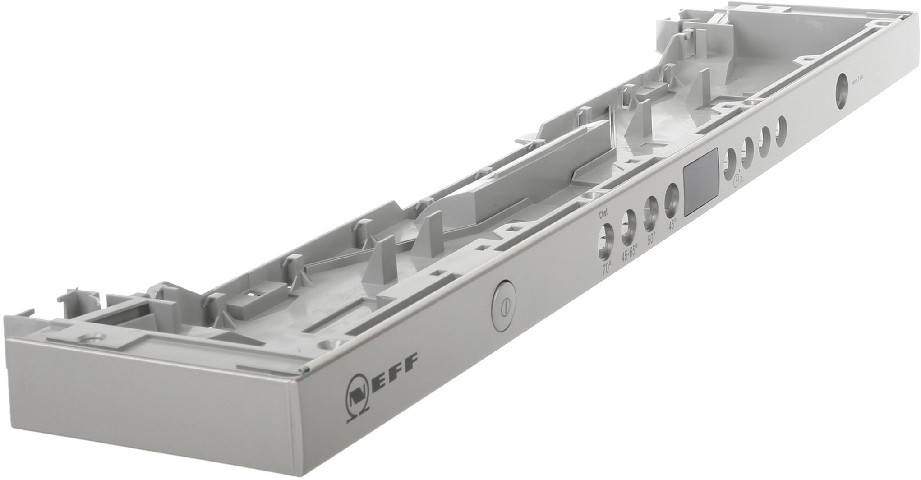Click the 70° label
(607, 269)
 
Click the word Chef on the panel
(603, 215)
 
